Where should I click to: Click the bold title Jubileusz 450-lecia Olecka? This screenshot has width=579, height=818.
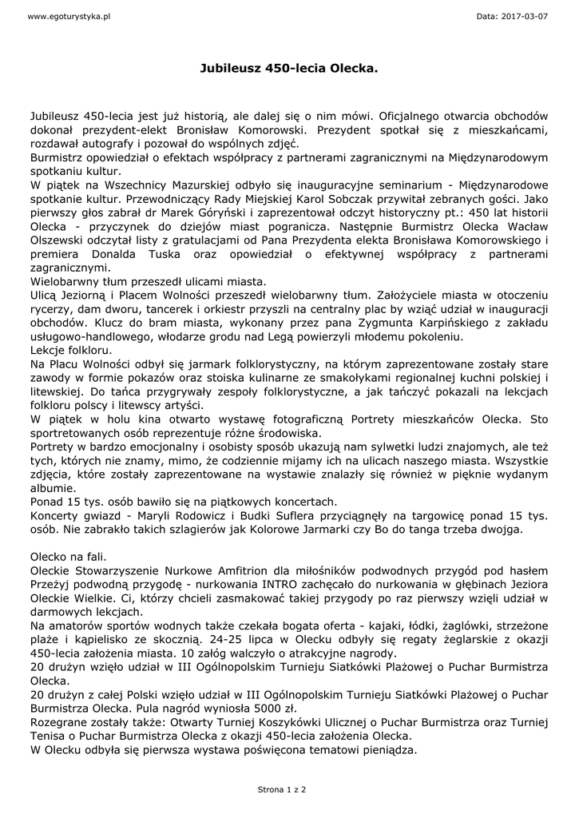(288, 69)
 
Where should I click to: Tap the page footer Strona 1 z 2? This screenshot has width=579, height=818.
(282, 788)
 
